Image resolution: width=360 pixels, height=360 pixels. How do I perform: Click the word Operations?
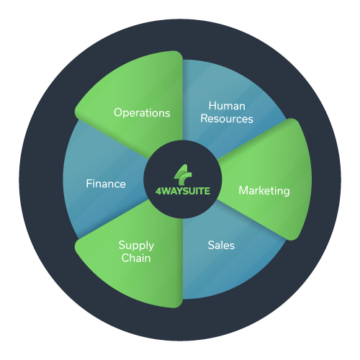pos(142,113)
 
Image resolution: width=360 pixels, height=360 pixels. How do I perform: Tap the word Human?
pos(227,106)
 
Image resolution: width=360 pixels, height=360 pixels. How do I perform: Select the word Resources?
pos(227,119)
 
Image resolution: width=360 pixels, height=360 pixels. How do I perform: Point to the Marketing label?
pos(264,191)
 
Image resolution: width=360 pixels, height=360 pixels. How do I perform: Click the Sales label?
pos(221,246)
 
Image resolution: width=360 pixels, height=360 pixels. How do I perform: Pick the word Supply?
pos(136,246)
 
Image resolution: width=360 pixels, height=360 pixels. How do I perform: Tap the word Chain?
pos(136,258)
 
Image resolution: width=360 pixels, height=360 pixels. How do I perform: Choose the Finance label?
pos(106,184)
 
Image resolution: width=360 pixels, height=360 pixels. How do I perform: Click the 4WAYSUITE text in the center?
pos(182,191)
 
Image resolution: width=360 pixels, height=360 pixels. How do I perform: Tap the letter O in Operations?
pos(119,112)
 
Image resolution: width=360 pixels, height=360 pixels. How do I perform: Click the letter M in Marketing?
pos(243,191)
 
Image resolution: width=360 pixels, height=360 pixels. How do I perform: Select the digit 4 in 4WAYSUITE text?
pos(158,191)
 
